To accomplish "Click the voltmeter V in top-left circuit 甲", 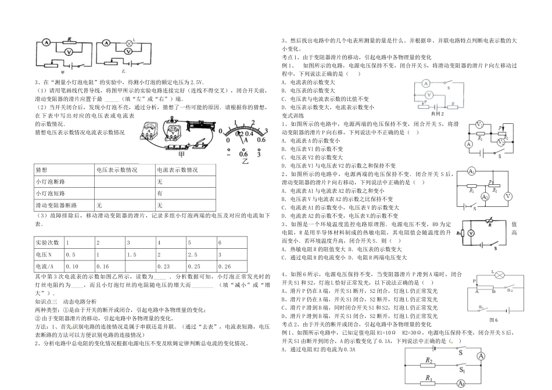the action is [68, 51].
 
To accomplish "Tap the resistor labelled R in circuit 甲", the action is [69, 42].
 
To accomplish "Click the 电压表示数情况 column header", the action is [117, 170].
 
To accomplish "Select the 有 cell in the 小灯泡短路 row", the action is [159, 193].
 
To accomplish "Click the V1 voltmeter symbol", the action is [479, 125].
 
